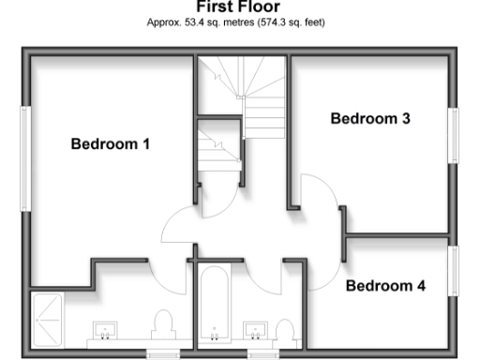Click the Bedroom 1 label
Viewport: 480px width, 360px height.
[x=111, y=144]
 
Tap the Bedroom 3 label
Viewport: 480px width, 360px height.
[x=369, y=119]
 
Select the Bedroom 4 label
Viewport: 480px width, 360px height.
[x=384, y=285]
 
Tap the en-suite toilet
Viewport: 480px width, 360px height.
[x=164, y=324]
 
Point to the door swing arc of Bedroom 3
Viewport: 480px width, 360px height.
[x=314, y=199]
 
